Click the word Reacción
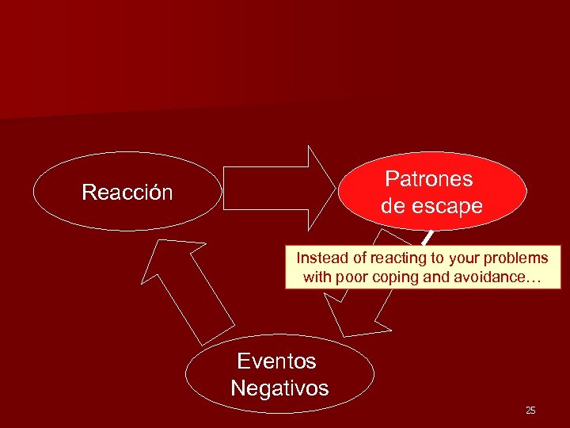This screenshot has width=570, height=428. click(127, 193)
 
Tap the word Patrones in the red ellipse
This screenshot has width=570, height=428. click(428, 179)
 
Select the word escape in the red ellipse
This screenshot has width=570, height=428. click(447, 207)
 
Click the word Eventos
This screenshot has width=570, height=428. click(276, 361)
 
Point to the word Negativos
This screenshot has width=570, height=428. click(279, 388)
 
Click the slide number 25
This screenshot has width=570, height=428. click(530, 411)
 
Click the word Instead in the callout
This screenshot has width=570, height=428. click(319, 258)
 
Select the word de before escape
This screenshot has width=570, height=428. click(393, 207)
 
